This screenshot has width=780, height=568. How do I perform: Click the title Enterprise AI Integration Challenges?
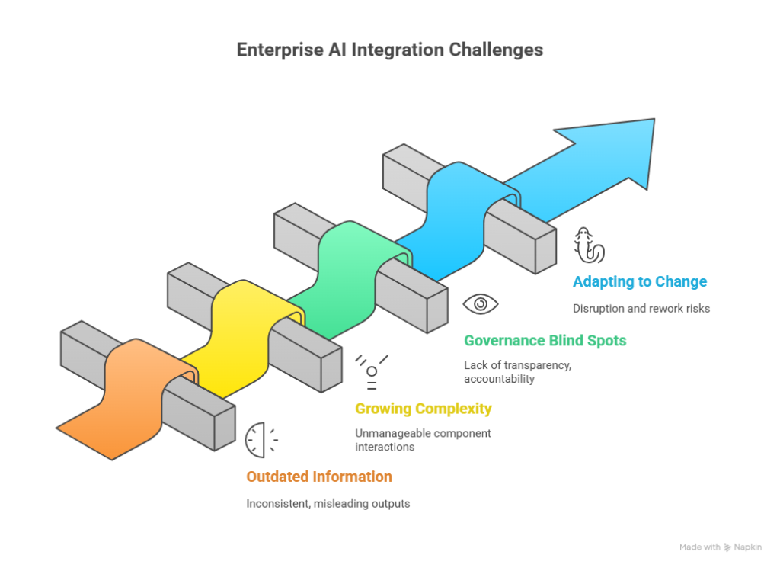[x=389, y=50]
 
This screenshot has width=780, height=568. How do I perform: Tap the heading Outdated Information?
[x=319, y=477]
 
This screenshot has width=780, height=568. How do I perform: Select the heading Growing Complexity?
[x=424, y=409]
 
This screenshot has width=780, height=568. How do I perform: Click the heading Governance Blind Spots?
[x=545, y=341]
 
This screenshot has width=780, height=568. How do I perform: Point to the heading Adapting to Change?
[x=640, y=282]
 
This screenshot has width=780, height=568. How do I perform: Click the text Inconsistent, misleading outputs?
[x=328, y=504]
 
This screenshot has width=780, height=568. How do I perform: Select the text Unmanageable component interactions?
[x=423, y=440]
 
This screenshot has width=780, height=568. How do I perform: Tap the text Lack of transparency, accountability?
[x=517, y=372]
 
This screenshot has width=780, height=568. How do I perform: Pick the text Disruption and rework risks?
[x=641, y=309]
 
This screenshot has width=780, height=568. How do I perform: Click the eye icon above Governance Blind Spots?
[x=481, y=303]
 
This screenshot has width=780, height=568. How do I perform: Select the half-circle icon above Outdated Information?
[x=254, y=440]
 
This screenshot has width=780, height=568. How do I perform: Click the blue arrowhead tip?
[x=654, y=119]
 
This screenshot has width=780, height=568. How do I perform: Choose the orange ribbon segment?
[x=130, y=398]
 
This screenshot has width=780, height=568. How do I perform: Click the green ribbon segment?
[x=348, y=279]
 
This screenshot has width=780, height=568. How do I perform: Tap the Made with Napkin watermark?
[x=721, y=547]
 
